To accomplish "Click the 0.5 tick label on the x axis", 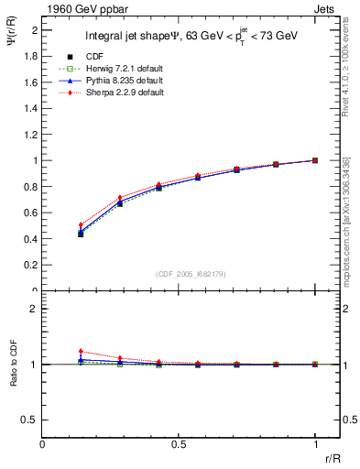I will pyautogui.click(x=179, y=442).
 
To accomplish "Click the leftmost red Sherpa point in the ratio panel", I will pyautogui.click(x=81, y=351).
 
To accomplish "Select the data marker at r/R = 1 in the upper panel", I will pyautogui.click(x=315, y=160).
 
